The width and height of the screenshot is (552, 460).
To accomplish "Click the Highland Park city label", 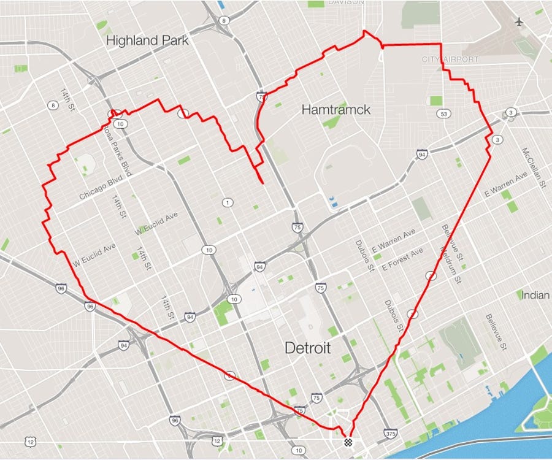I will tap(147, 40).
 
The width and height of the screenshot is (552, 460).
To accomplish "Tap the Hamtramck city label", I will tap(336, 110).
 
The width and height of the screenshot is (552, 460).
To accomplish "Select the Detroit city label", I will tap(308, 348).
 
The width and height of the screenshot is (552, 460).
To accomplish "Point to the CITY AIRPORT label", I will tap(450, 59).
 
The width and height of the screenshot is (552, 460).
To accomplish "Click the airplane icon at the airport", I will tap(520, 21).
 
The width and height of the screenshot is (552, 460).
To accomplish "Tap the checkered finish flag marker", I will tap(349, 441).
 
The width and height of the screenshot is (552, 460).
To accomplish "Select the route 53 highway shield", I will tap(443, 113).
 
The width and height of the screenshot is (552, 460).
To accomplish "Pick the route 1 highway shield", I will tap(228, 203).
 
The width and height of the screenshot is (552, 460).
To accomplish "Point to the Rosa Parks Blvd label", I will tap(116, 150).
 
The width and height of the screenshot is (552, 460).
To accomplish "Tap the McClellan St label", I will tap(533, 167).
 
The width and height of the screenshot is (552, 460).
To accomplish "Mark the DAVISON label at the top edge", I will tap(346, 2).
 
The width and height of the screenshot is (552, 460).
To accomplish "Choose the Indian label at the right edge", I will tap(535, 295).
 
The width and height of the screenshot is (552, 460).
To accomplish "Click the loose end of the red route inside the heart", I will tap(263, 183).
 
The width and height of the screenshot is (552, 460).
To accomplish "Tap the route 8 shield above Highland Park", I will tap(224, 20).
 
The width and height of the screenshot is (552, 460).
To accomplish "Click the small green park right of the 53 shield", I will tap(435, 101).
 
